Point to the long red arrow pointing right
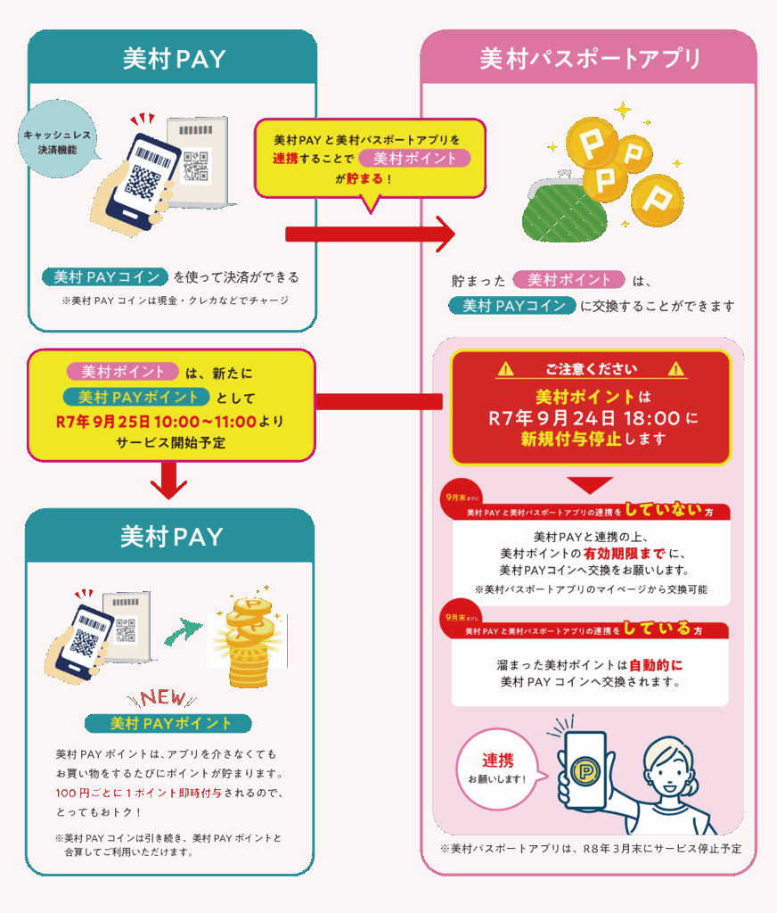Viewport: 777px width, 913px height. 369,234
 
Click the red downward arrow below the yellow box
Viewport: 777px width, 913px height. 167,482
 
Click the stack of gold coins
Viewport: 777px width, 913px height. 249,642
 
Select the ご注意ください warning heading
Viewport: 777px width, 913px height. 590,368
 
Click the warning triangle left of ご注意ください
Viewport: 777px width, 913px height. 506,368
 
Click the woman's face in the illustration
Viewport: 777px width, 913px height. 665,768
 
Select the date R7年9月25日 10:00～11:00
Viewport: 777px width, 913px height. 156,420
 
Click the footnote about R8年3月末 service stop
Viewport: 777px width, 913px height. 590,849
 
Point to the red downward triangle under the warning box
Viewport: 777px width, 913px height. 590,484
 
